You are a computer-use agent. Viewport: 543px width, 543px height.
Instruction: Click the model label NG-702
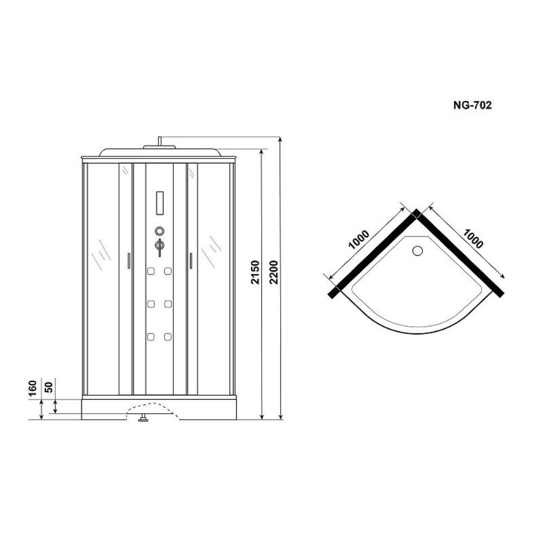(x=472, y=105)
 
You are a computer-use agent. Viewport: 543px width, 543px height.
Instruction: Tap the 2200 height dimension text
(x=274, y=272)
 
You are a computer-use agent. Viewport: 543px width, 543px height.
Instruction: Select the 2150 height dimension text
(x=255, y=272)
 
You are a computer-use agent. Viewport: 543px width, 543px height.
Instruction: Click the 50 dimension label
(x=49, y=387)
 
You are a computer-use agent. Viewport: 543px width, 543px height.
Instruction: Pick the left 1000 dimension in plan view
(x=359, y=239)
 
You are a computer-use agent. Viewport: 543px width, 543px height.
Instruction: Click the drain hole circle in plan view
(x=418, y=250)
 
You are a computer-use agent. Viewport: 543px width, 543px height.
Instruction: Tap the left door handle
(x=129, y=261)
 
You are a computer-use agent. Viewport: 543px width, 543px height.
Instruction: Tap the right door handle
(x=191, y=261)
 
